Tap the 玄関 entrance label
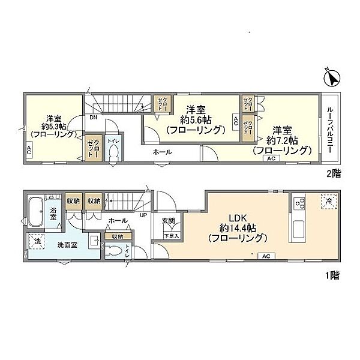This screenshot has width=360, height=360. pyautogui.click(x=168, y=221)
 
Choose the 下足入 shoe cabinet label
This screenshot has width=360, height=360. pyautogui.click(x=171, y=236)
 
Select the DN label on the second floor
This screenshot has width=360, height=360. pyautogui.click(x=94, y=118)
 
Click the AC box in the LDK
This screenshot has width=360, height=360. pyautogui.click(x=265, y=256)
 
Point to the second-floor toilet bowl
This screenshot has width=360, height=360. pyautogui.click(x=113, y=152)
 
